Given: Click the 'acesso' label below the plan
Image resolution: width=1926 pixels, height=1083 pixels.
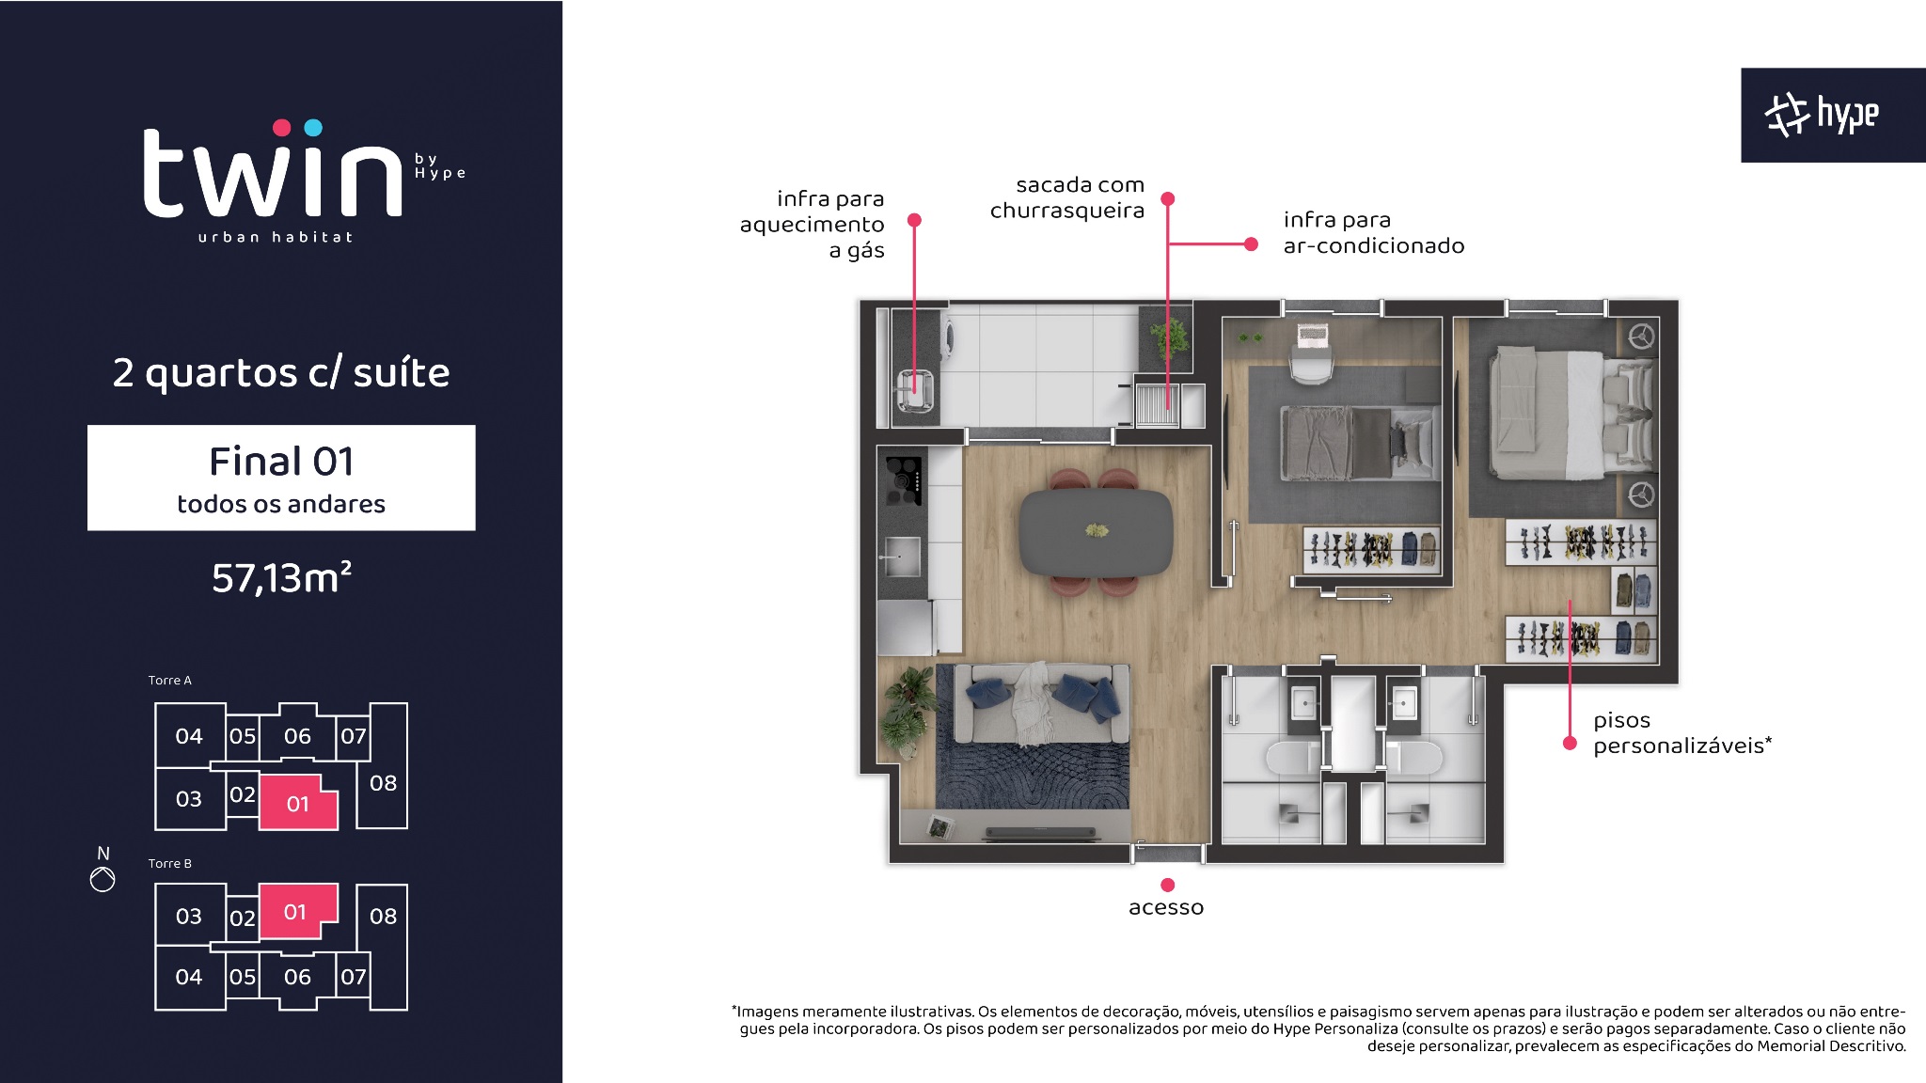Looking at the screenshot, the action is (x=1166, y=907).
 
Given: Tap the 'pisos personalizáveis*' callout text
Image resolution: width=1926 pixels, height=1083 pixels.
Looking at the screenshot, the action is (x=1682, y=733).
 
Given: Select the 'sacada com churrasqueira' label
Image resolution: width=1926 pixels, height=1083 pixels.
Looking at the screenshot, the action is (x=1067, y=197).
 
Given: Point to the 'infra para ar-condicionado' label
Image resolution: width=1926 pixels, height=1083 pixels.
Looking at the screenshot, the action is (x=1374, y=233).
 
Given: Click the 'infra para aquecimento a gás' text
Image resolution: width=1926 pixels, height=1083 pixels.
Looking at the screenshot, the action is (x=813, y=225).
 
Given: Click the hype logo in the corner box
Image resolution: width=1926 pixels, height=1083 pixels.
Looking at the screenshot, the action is (x=1822, y=116).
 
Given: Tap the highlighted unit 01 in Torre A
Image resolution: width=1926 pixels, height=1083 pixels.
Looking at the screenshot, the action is (x=298, y=802).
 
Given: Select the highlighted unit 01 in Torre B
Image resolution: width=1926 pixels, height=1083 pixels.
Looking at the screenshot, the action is (x=297, y=911).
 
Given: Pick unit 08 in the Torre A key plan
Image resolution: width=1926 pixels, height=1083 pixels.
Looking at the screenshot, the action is (x=383, y=782).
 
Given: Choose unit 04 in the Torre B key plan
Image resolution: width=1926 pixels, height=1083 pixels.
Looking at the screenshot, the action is (x=189, y=977).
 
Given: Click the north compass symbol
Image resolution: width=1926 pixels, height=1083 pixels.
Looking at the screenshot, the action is (x=103, y=879).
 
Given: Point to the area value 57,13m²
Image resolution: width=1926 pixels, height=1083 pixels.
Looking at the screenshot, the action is (x=281, y=577).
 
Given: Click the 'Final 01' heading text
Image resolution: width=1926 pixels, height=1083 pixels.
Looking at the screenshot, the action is (x=281, y=462).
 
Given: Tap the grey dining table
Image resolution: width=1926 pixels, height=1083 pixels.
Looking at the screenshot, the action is (x=1097, y=532).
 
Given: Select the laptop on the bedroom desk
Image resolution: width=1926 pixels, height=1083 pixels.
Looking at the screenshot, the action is (x=1311, y=335).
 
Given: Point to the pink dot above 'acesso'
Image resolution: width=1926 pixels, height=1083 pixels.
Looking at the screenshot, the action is (x=1167, y=885).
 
